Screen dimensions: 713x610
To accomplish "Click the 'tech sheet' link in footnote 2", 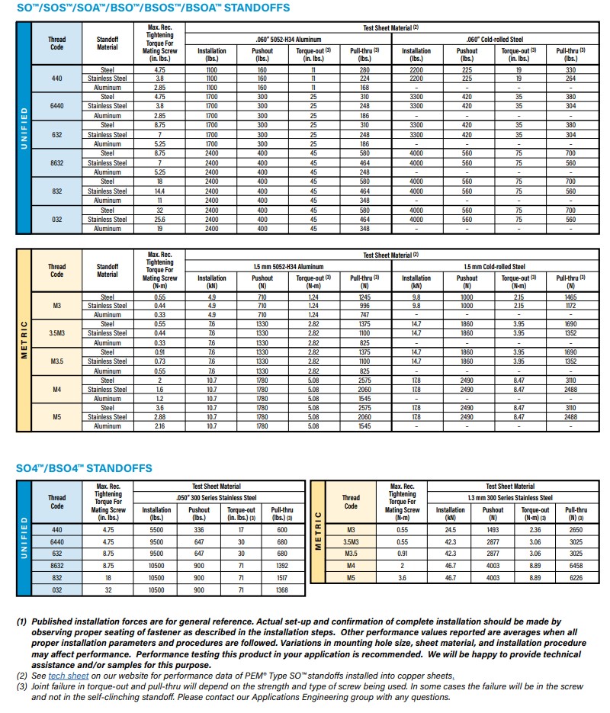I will click(69, 676).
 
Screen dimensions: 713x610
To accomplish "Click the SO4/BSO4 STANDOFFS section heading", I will click(84, 467).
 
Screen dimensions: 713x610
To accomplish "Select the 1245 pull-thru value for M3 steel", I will click(364, 297).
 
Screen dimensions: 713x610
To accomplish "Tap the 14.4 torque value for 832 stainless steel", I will click(160, 191).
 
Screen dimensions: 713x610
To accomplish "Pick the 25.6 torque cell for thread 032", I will click(160, 220).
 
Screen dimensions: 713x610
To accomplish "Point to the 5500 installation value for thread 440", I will click(157, 530).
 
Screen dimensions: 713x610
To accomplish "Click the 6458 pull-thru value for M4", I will click(576, 567).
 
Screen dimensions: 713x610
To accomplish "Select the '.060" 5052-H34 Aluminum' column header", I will click(287, 39).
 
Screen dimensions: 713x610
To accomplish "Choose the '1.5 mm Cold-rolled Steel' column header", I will click(494, 267).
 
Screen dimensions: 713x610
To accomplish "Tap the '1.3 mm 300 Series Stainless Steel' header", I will click(510, 496).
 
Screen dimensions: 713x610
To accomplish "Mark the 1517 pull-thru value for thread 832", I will click(282, 579).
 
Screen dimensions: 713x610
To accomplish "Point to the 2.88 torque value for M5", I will click(160, 417).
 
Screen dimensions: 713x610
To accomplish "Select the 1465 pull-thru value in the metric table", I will click(570, 297).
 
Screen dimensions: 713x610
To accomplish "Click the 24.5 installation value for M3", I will click(450, 530).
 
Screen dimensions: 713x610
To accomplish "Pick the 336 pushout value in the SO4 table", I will click(199, 530).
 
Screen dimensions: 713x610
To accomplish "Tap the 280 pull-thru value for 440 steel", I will click(364, 69).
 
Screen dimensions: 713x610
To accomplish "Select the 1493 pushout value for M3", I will click(493, 530).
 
